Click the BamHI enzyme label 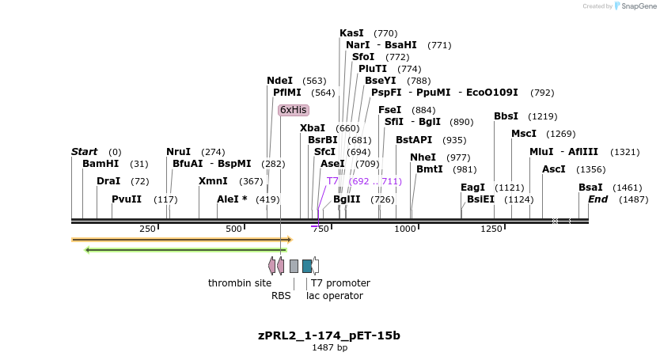(x=101, y=164)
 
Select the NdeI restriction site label (x=279, y=81)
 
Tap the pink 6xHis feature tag (x=293, y=110)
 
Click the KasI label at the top (x=351, y=33)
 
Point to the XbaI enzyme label (x=312, y=128)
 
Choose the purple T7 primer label (x=332, y=181)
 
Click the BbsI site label (x=506, y=116)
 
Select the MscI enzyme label (x=524, y=134)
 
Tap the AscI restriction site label (x=553, y=169)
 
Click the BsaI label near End (x=590, y=188)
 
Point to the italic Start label (x=84, y=152)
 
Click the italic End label (x=597, y=199)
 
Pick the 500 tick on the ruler (x=233, y=229)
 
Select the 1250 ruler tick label (x=491, y=229)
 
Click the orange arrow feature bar (x=181, y=239)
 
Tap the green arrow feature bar (x=186, y=250)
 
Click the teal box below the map (x=307, y=266)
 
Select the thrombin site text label (x=239, y=283)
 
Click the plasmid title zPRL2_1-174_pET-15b (x=329, y=335)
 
